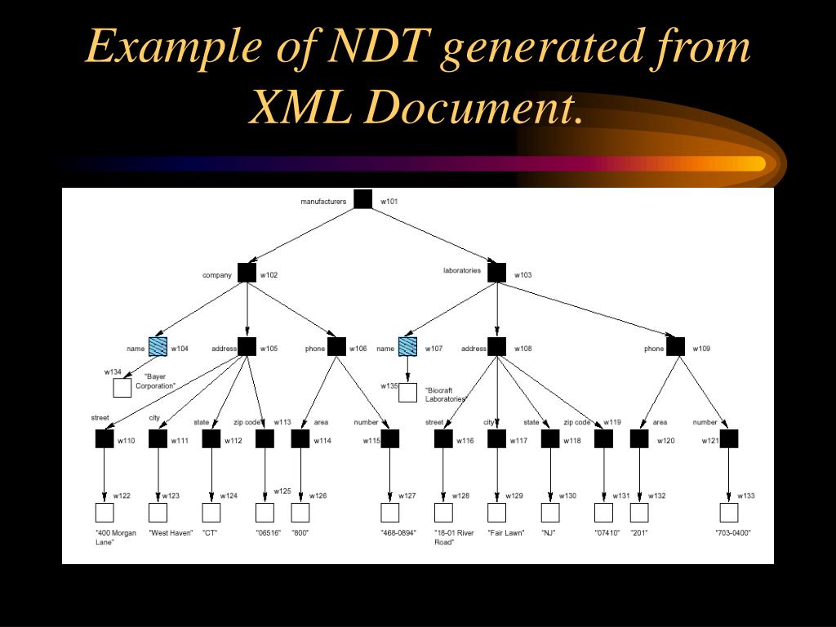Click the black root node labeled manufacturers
pyautogui.click(x=362, y=199)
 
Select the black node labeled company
pyautogui.click(x=247, y=273)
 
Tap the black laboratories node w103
pyautogui.click(x=496, y=273)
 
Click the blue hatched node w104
pyautogui.click(x=158, y=347)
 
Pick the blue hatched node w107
pyautogui.click(x=407, y=347)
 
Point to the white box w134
pyautogui.click(x=122, y=388)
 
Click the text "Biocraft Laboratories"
pyautogui.click(x=446, y=394)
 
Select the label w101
pyautogui.click(x=389, y=201)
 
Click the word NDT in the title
pyautogui.click(x=379, y=47)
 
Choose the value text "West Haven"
pyautogui.click(x=171, y=533)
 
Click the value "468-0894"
pyautogui.click(x=398, y=533)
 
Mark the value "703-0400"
pyautogui.click(x=732, y=533)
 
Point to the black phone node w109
pyautogui.click(x=675, y=347)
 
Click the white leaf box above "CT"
pyautogui.click(x=211, y=513)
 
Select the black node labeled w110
pyautogui.click(x=104, y=438)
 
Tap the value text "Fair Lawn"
pyautogui.click(x=505, y=533)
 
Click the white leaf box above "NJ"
pyautogui.click(x=550, y=513)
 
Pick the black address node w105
pyautogui.click(x=247, y=347)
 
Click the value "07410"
pyautogui.click(x=607, y=533)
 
